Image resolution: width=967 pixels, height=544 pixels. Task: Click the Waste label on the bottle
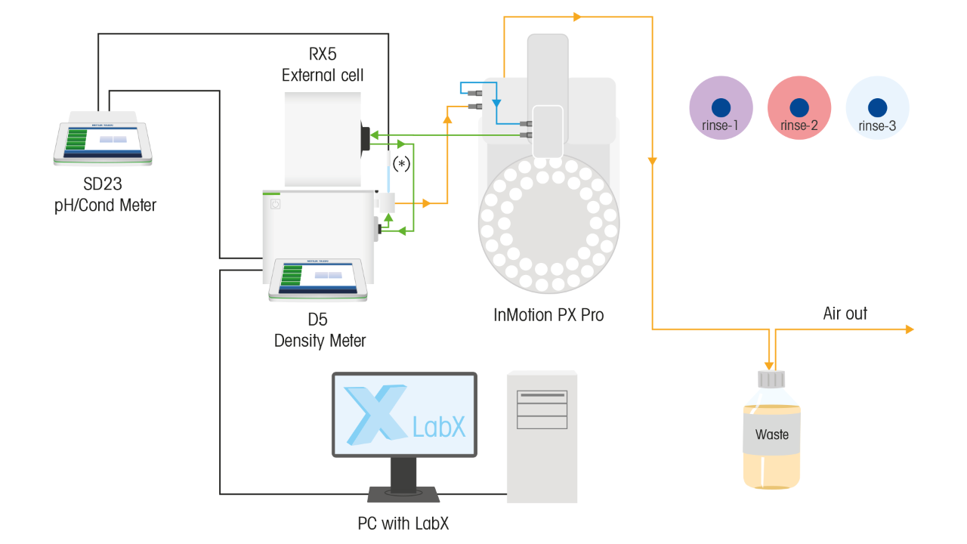pyautogui.click(x=771, y=434)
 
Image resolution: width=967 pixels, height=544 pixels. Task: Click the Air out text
pyautogui.click(x=845, y=314)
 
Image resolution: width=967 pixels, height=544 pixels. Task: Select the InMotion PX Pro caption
pyautogui.click(x=548, y=315)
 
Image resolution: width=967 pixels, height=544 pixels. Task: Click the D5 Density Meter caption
pyautogui.click(x=320, y=330)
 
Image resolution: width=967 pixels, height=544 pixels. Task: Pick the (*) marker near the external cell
pyautogui.click(x=401, y=163)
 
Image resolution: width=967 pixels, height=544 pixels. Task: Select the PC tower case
pyautogui.click(x=542, y=436)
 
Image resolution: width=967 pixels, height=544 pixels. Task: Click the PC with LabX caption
pyautogui.click(x=403, y=523)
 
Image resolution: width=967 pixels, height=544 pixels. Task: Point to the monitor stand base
pyautogui.click(x=403, y=494)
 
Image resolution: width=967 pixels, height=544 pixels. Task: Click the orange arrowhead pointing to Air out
pyautogui.click(x=909, y=329)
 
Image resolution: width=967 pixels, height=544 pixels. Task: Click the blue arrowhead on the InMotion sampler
pyautogui.click(x=496, y=102)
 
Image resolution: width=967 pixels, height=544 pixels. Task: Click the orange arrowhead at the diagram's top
pyautogui.click(x=578, y=16)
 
